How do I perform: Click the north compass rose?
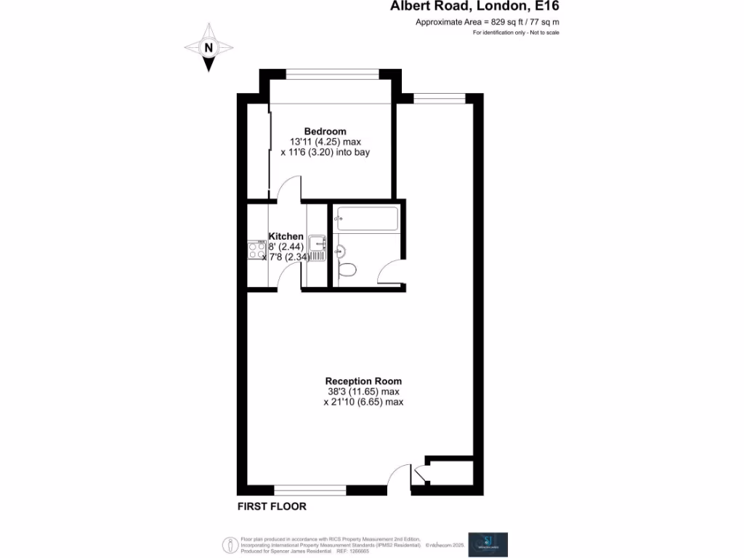point(209,47)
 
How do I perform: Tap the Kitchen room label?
point(286,237)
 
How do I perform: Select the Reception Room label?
point(363,381)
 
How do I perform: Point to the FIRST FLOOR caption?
point(272,506)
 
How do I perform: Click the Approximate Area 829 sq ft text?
point(487,23)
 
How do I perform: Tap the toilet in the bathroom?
point(348,270)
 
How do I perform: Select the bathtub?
point(366,219)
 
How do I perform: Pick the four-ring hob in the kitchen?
point(256,251)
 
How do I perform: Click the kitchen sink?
point(317,244)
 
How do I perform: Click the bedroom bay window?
point(332,73)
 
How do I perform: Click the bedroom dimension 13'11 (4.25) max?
point(325,142)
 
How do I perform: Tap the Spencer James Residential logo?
point(488,544)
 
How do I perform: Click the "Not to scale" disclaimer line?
point(516,33)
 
